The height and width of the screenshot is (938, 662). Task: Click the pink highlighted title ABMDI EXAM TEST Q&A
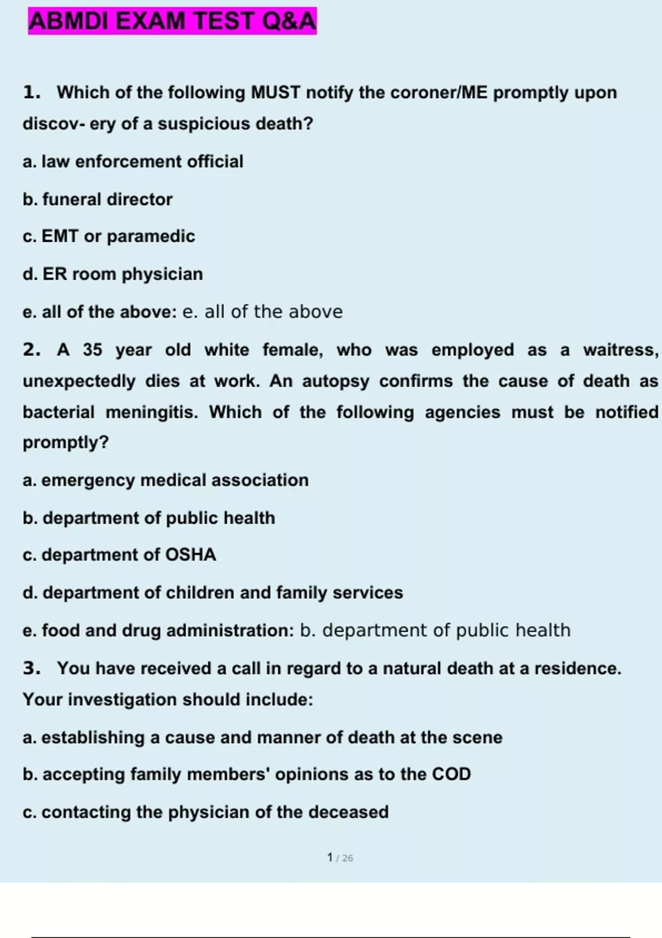point(172,21)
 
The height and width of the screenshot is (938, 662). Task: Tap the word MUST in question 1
point(276,92)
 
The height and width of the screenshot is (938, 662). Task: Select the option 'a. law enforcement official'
point(133,162)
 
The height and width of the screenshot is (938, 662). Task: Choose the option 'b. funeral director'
point(98,199)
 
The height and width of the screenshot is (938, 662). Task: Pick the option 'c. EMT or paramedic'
point(109,236)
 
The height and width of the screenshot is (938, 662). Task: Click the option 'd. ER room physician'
point(113,274)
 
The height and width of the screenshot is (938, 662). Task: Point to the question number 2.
point(31,350)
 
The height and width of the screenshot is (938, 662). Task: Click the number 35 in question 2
point(93,350)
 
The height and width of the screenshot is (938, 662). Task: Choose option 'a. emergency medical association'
point(165,480)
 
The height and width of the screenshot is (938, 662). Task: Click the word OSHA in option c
point(191,555)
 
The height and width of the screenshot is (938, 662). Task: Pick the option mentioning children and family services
point(213,593)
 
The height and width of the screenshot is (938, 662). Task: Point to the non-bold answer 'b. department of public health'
point(435,630)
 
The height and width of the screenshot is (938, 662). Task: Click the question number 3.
point(31,668)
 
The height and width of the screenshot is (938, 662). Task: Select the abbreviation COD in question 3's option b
point(451,774)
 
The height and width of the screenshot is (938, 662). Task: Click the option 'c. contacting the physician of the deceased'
point(206,812)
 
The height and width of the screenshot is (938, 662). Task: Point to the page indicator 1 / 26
point(340,857)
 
